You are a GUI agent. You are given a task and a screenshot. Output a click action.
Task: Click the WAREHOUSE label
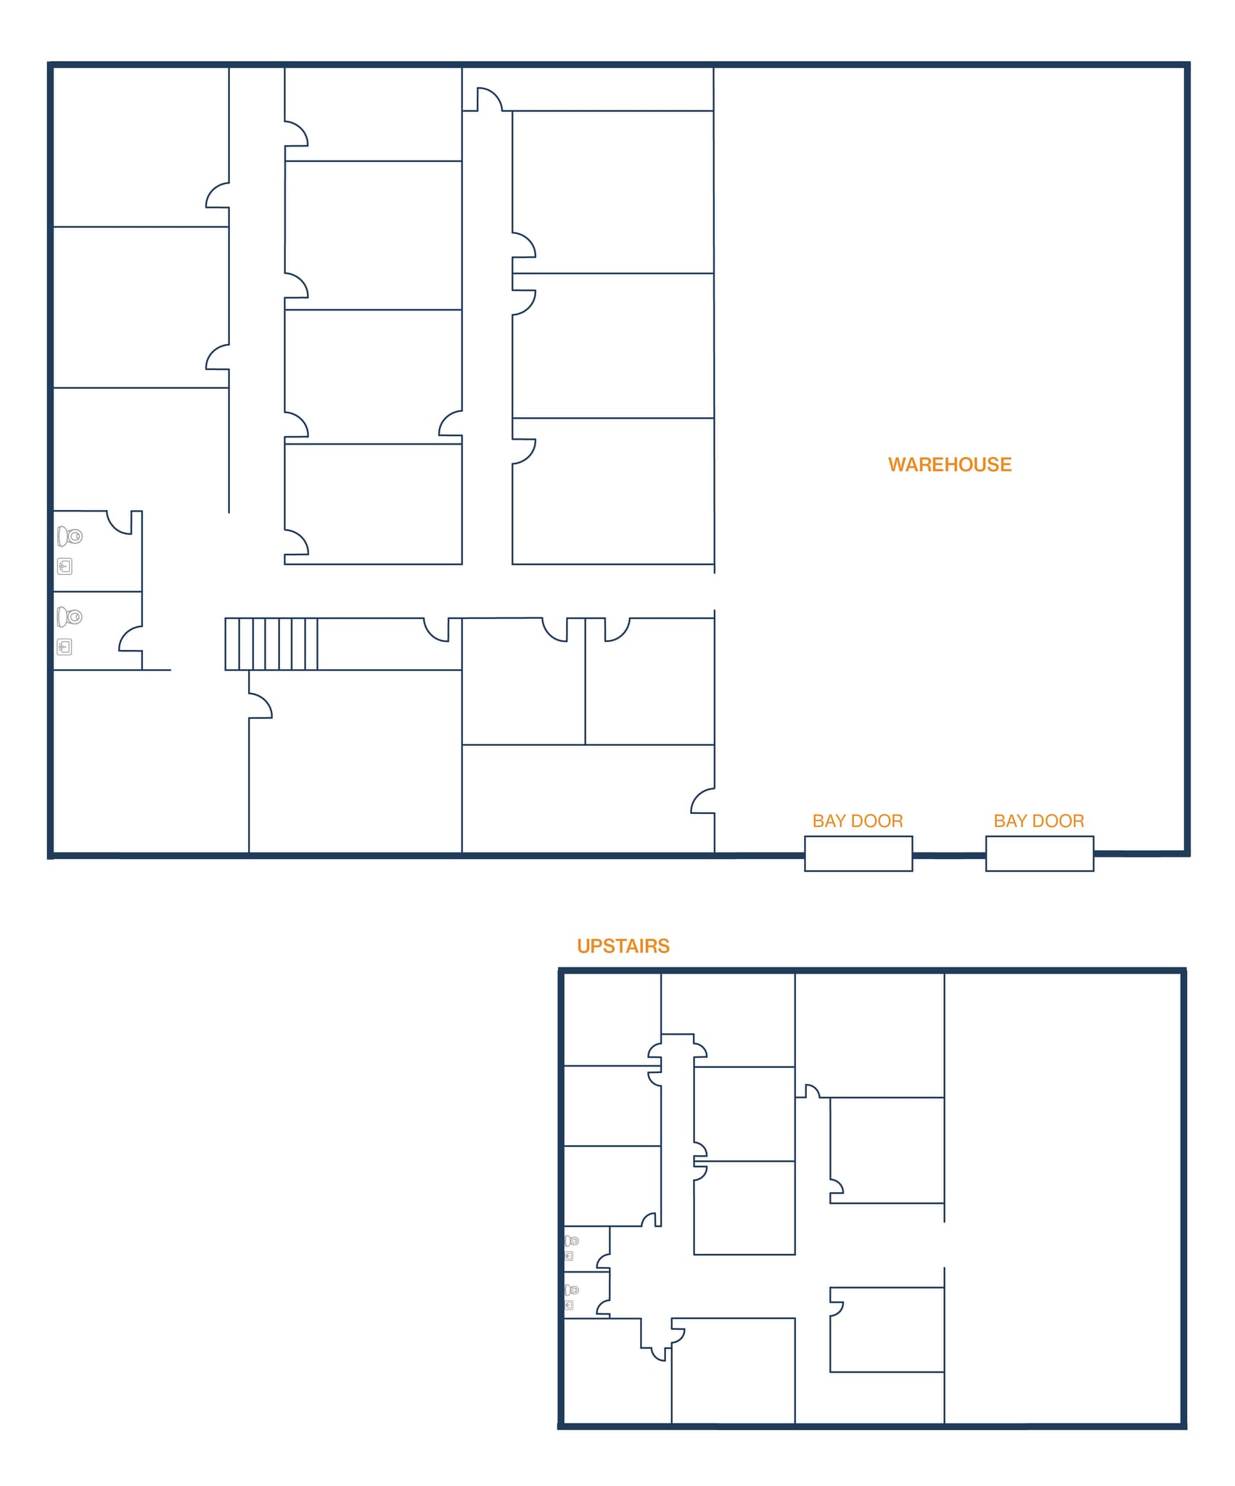949,464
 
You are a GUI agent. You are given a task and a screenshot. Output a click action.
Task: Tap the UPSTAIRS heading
623,946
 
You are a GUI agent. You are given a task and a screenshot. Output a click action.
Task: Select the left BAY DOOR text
857,821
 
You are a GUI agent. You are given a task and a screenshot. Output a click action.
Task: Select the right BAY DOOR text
1038,821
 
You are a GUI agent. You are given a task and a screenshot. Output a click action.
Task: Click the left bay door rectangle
858,853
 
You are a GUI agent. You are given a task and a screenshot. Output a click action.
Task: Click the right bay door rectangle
1039,853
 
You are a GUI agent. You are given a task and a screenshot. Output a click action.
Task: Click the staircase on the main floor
271,644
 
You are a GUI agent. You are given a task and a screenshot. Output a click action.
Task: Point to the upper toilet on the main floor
70,536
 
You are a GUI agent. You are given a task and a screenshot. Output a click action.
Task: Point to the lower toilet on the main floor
70,617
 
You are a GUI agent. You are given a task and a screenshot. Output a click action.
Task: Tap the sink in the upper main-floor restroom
65,566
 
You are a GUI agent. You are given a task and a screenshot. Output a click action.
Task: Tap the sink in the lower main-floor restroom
65,646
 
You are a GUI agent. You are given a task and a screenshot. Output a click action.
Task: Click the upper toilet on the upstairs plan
572,1241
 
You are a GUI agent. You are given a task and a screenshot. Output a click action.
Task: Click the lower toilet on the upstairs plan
572,1290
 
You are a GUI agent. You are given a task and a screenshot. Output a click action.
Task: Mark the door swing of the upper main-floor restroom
120,523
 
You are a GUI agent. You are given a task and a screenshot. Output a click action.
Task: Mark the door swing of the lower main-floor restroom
131,639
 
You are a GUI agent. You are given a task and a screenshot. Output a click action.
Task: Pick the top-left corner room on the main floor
141,145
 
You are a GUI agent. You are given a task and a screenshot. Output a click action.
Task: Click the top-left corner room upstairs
612,1019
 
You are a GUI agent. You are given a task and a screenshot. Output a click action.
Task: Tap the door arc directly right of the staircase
436,630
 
